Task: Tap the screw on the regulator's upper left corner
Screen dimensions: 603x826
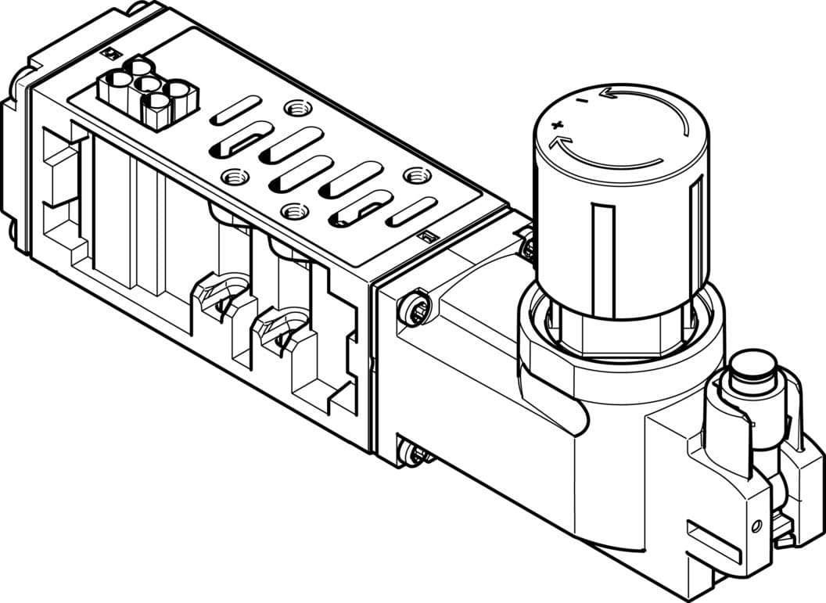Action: [414, 311]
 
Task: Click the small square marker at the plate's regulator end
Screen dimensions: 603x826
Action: [426, 235]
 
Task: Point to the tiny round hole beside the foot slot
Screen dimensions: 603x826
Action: [755, 526]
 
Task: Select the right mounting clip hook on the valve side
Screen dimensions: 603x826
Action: [282, 329]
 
